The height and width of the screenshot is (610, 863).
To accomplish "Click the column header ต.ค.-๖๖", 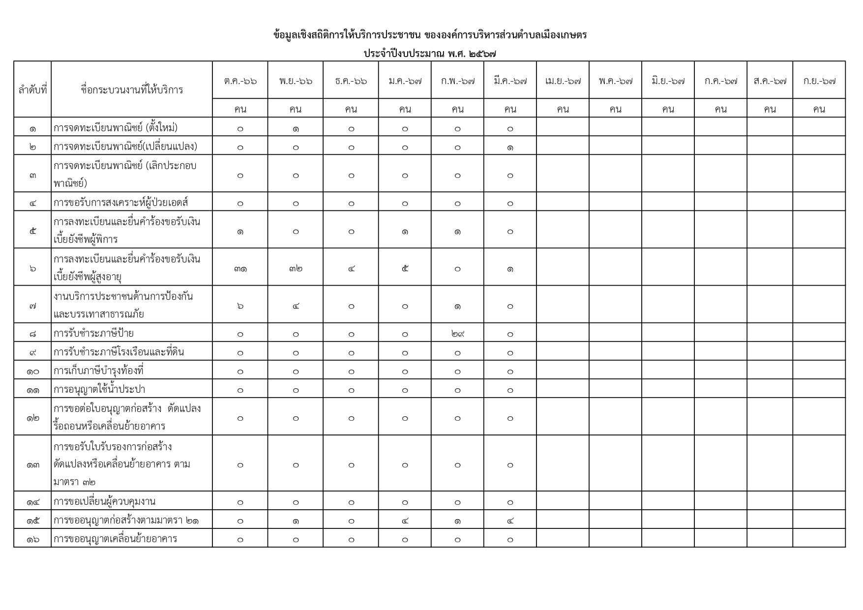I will pos(240,81).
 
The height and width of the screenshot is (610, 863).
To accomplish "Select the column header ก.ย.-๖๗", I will pos(819,81).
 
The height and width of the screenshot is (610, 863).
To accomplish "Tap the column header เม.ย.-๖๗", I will pos(563,81).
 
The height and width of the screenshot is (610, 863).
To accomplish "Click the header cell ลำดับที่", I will pos(32,89).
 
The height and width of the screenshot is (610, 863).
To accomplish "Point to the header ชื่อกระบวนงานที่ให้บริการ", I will pos(132,89).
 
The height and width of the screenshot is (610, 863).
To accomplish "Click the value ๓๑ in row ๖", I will pos(240,268).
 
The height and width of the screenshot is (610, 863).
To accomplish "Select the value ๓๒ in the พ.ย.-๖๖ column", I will pos(296,268).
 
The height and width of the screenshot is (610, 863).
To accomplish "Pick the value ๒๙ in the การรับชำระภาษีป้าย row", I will pos(457,334).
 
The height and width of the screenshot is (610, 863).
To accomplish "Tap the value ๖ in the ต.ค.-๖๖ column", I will pos(240,306).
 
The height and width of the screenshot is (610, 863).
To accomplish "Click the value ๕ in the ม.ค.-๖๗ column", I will pos(405,268).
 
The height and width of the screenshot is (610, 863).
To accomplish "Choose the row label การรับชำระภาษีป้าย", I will pos(93,334).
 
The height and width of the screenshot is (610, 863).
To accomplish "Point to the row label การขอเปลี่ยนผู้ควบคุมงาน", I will pos(104,502).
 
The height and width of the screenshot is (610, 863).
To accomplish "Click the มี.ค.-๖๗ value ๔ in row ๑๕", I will pos(510,521).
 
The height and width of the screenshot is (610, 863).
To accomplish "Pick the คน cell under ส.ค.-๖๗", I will pos(770,109).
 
